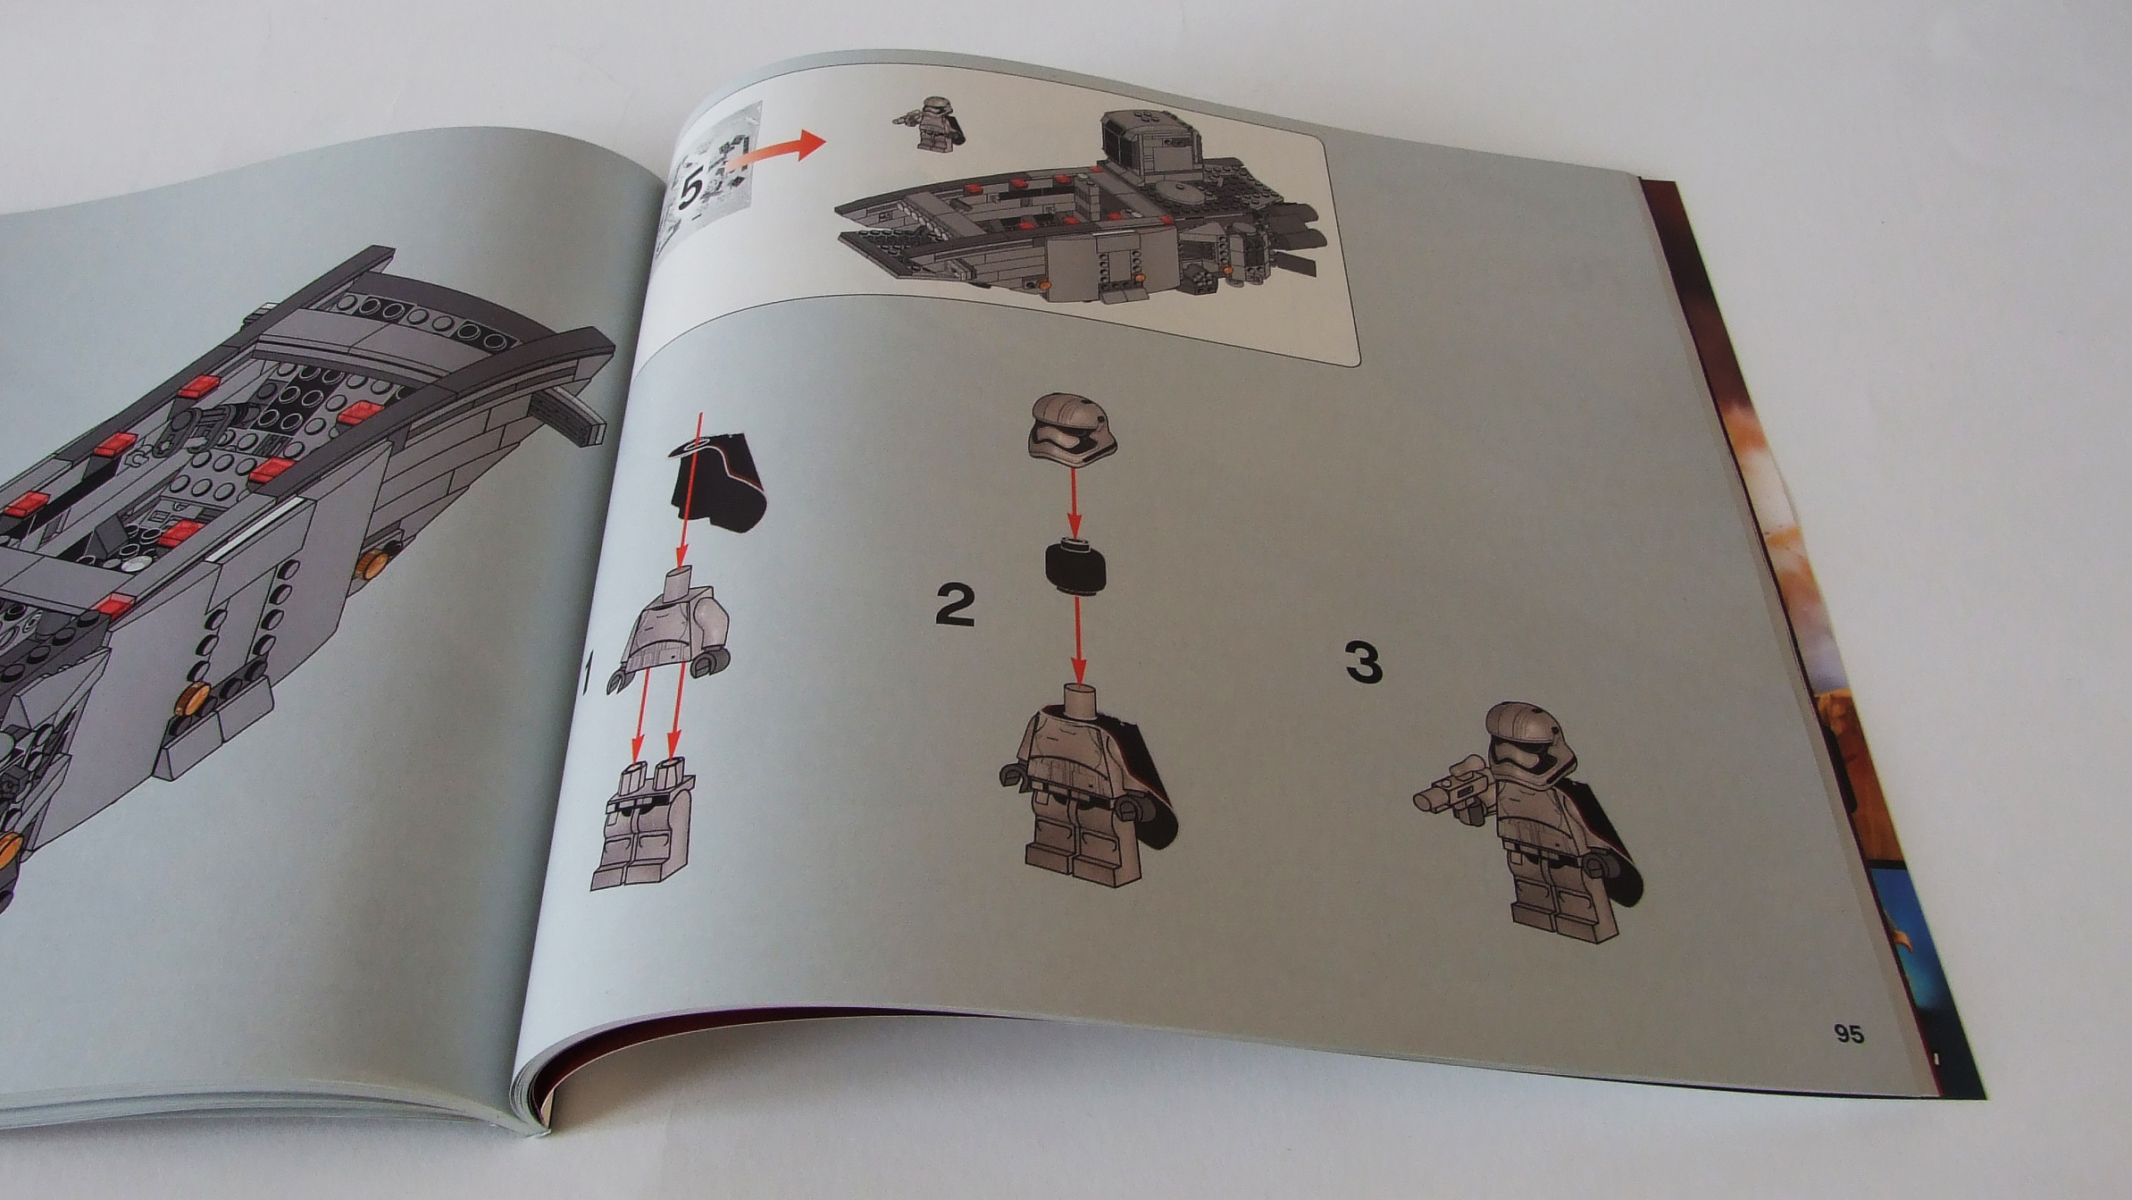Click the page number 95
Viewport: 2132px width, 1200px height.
pyautogui.click(x=1849, y=1034)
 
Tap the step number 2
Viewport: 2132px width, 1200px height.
pyautogui.click(x=955, y=605)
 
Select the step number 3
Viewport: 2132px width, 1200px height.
pyautogui.click(x=1363, y=663)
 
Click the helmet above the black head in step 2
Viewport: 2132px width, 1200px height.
pyautogui.click(x=1069, y=427)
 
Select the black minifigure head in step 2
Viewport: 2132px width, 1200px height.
pyautogui.click(x=1074, y=566)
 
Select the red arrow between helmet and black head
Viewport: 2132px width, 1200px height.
pyautogui.click(x=1074, y=500)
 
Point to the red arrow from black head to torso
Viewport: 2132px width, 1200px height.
pyautogui.click(x=1078, y=641)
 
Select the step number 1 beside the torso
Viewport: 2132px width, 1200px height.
pyautogui.click(x=587, y=674)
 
